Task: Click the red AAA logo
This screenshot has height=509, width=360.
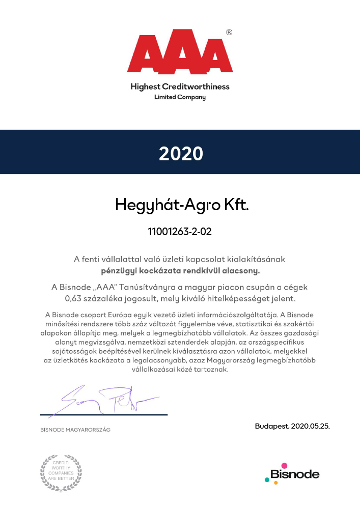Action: click(x=180, y=55)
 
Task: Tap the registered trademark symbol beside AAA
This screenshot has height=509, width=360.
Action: click(x=229, y=32)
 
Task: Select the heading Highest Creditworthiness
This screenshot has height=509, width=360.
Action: click(x=180, y=87)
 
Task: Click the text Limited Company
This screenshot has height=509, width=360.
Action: click(x=180, y=97)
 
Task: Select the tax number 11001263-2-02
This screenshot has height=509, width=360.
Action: click(x=180, y=232)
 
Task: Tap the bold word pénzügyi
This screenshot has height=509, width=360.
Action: click(x=118, y=270)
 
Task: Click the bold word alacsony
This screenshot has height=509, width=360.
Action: click(x=244, y=270)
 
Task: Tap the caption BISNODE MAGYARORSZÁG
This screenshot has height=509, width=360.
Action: click(x=75, y=430)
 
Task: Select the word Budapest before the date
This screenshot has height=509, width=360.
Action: click(x=272, y=426)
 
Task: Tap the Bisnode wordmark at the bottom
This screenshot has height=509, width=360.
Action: click(x=295, y=475)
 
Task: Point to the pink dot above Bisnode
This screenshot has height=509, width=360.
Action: click(x=284, y=465)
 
